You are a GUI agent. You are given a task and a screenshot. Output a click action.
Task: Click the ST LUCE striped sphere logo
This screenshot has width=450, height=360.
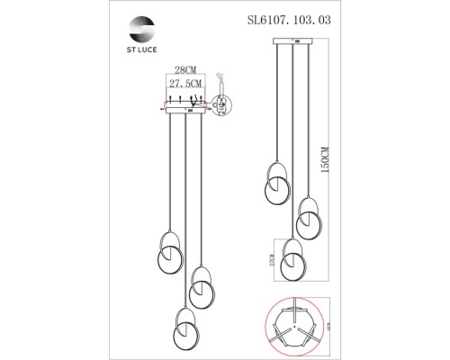click(144, 24)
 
